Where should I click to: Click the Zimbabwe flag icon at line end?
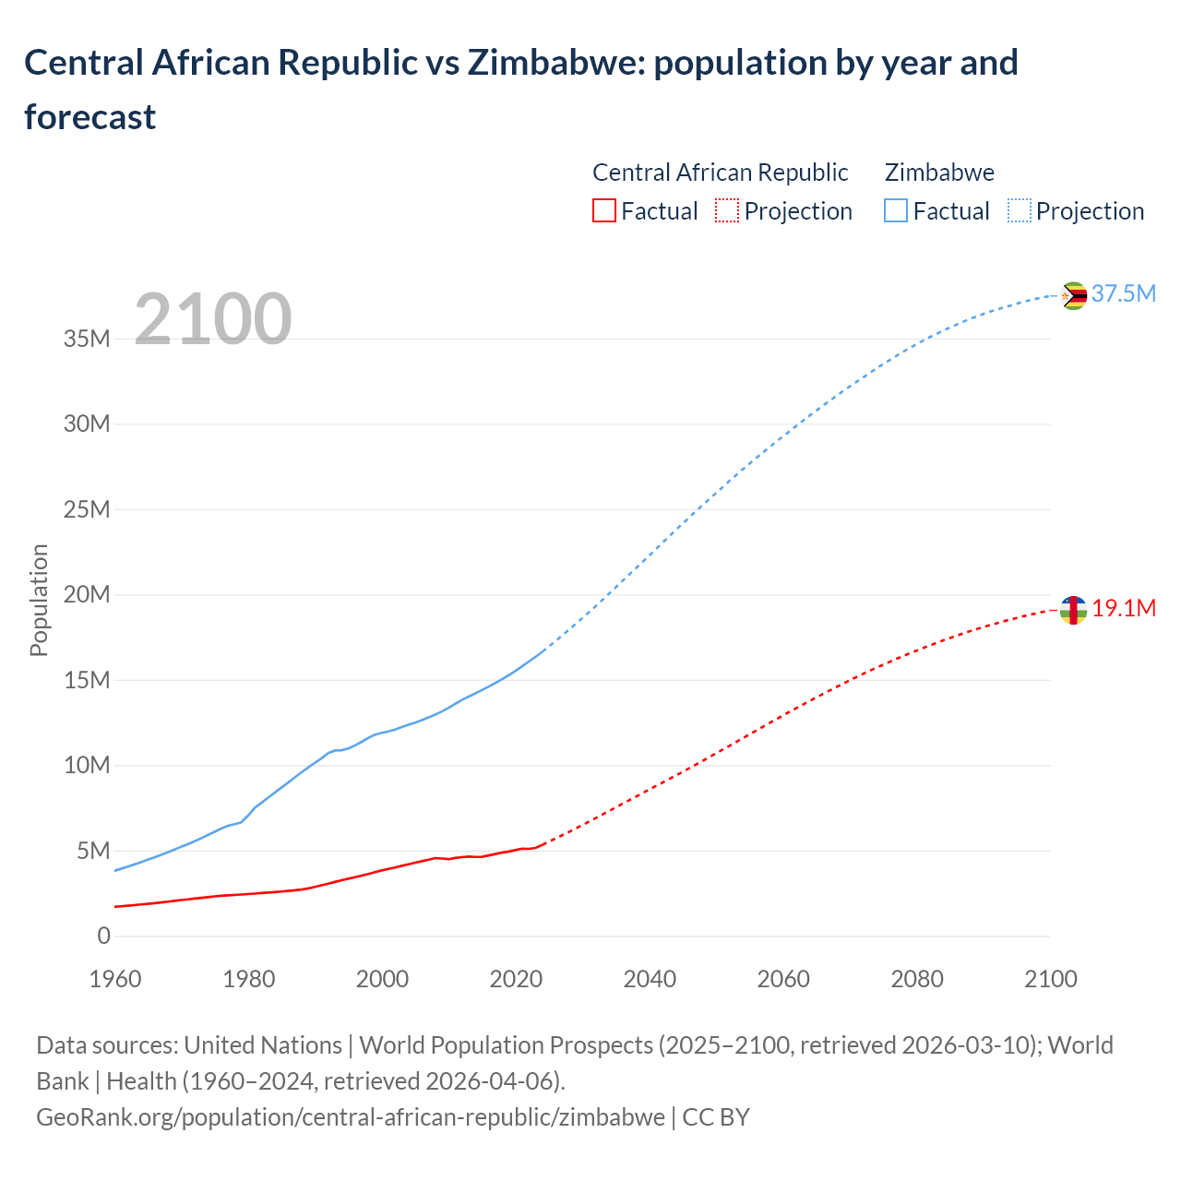[1073, 296]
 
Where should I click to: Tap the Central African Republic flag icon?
[1073, 610]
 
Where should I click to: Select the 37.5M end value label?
[1123, 293]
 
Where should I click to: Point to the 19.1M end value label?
[1124, 608]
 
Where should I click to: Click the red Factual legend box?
[603, 211]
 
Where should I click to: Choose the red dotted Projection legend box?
[727, 211]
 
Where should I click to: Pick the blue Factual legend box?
[896, 211]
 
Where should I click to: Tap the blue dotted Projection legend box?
[1019, 211]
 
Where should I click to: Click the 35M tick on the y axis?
[87, 339]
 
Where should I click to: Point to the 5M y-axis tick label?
[92, 851]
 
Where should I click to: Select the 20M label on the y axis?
[87, 595]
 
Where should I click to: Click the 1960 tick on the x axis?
[115, 979]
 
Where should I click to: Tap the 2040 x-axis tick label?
[650, 979]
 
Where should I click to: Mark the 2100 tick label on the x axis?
[1050, 979]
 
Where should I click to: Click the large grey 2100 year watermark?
[213, 319]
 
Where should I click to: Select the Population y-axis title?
[39, 600]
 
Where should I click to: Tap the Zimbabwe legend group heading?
[939, 173]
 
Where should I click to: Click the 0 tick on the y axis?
[103, 936]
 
